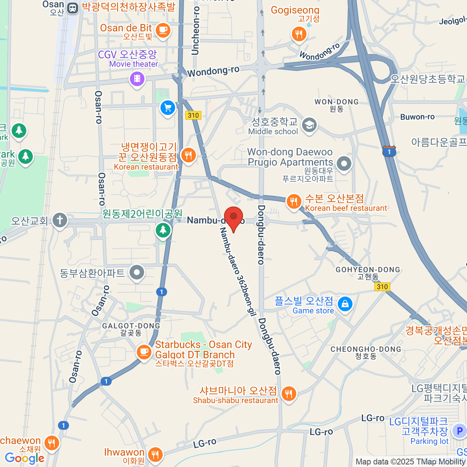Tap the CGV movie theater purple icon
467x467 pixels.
pos(137,79)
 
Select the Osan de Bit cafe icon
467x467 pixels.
pos(163,30)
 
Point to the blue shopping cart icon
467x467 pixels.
pos(168,108)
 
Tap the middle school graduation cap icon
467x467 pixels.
pos(310,125)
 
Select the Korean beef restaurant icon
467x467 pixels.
pos(294,202)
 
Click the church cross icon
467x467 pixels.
pos(60,220)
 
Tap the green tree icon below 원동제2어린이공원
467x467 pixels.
pos(163,230)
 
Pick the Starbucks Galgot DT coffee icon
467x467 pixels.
pos(144,352)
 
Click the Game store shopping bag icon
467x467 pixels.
pos(345,304)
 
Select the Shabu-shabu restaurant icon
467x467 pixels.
pos(288,394)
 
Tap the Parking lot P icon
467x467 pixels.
pos(459,431)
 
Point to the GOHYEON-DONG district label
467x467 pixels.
pos(368,270)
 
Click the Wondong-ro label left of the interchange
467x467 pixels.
pos(213,71)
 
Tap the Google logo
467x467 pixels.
pos(25,458)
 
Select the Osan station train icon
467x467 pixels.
pos(72,8)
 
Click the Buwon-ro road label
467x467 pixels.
pos(417,117)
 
